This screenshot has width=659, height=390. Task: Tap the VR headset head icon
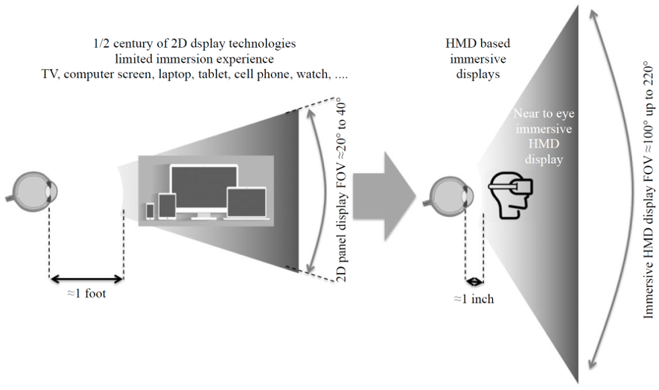[x=510, y=195]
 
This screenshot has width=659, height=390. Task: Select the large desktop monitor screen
[x=203, y=187]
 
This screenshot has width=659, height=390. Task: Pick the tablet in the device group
[x=167, y=206]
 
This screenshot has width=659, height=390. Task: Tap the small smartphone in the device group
[x=150, y=211]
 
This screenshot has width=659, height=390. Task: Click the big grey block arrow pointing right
[x=384, y=196]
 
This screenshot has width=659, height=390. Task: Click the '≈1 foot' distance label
[x=86, y=293]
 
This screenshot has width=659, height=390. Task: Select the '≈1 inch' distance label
[x=474, y=299]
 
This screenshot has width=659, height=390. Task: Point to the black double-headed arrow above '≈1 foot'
[x=86, y=278]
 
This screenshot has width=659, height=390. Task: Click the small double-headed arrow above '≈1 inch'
[x=474, y=281]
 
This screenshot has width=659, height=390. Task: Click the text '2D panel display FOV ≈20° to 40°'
[x=343, y=189]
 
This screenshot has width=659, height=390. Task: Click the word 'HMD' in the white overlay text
[x=544, y=144]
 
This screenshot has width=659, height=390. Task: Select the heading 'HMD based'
[x=478, y=43]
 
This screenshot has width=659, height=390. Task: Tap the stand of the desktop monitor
[x=204, y=215]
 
